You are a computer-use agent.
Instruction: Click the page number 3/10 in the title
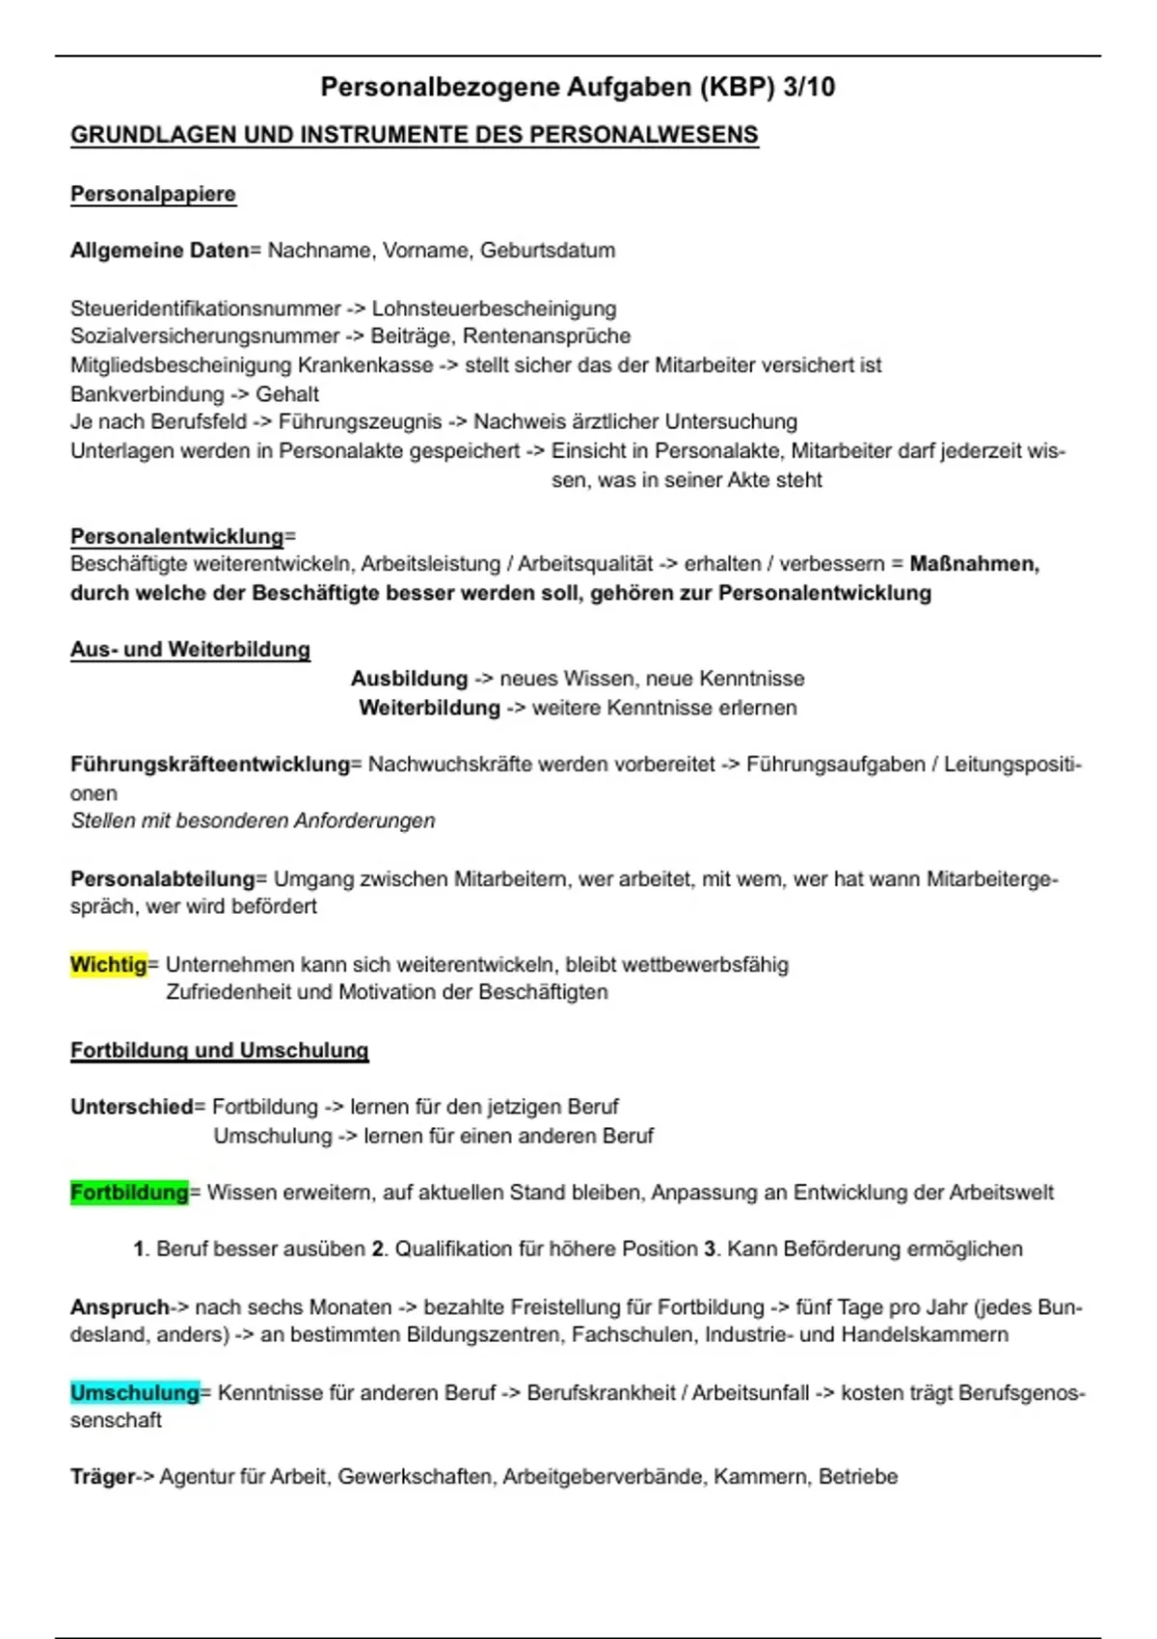809,88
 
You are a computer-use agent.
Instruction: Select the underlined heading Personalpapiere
152,195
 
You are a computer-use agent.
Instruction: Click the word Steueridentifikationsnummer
205,309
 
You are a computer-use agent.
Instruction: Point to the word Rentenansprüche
547,336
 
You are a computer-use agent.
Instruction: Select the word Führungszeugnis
360,422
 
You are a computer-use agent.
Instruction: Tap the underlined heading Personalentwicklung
178,536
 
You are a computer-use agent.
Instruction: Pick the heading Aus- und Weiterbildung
190,650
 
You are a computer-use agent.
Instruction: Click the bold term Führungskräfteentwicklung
210,765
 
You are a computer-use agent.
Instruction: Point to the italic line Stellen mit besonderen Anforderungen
253,820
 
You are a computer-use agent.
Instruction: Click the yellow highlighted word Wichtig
108,965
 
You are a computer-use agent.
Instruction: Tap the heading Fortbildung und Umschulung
219,1051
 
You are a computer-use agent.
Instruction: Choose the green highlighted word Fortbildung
129,1193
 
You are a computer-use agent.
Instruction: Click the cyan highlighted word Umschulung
134,1393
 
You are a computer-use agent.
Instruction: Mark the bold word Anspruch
120,1307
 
